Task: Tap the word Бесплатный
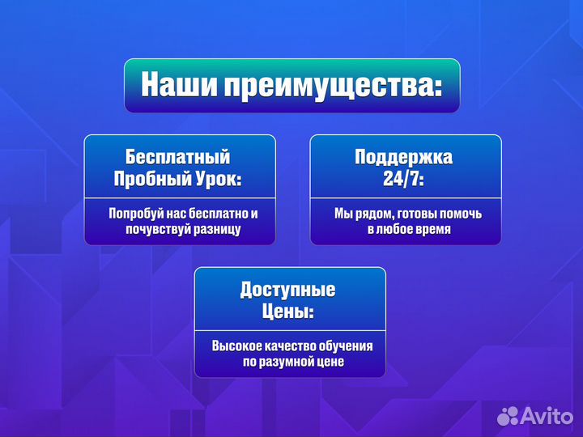[178, 156]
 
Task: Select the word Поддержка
[404, 156]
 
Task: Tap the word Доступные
[287, 289]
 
